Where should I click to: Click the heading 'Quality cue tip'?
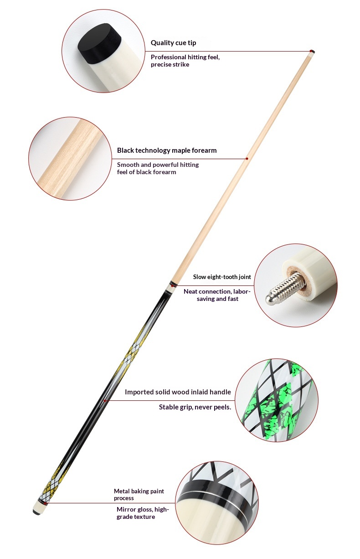(173, 43)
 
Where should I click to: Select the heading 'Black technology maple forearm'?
(167, 150)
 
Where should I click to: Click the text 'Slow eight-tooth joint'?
(222, 277)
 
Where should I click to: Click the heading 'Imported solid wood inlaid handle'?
(178, 392)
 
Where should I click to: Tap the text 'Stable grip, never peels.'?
(195, 407)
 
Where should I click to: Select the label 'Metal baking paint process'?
(139, 494)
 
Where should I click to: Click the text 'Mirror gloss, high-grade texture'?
(143, 513)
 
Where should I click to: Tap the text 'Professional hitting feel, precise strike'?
(185, 61)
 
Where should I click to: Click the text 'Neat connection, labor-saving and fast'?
(217, 295)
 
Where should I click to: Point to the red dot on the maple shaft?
(247, 159)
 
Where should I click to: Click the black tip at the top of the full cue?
(313, 51)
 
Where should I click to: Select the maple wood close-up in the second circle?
(70, 159)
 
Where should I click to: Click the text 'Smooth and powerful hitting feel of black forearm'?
(158, 168)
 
